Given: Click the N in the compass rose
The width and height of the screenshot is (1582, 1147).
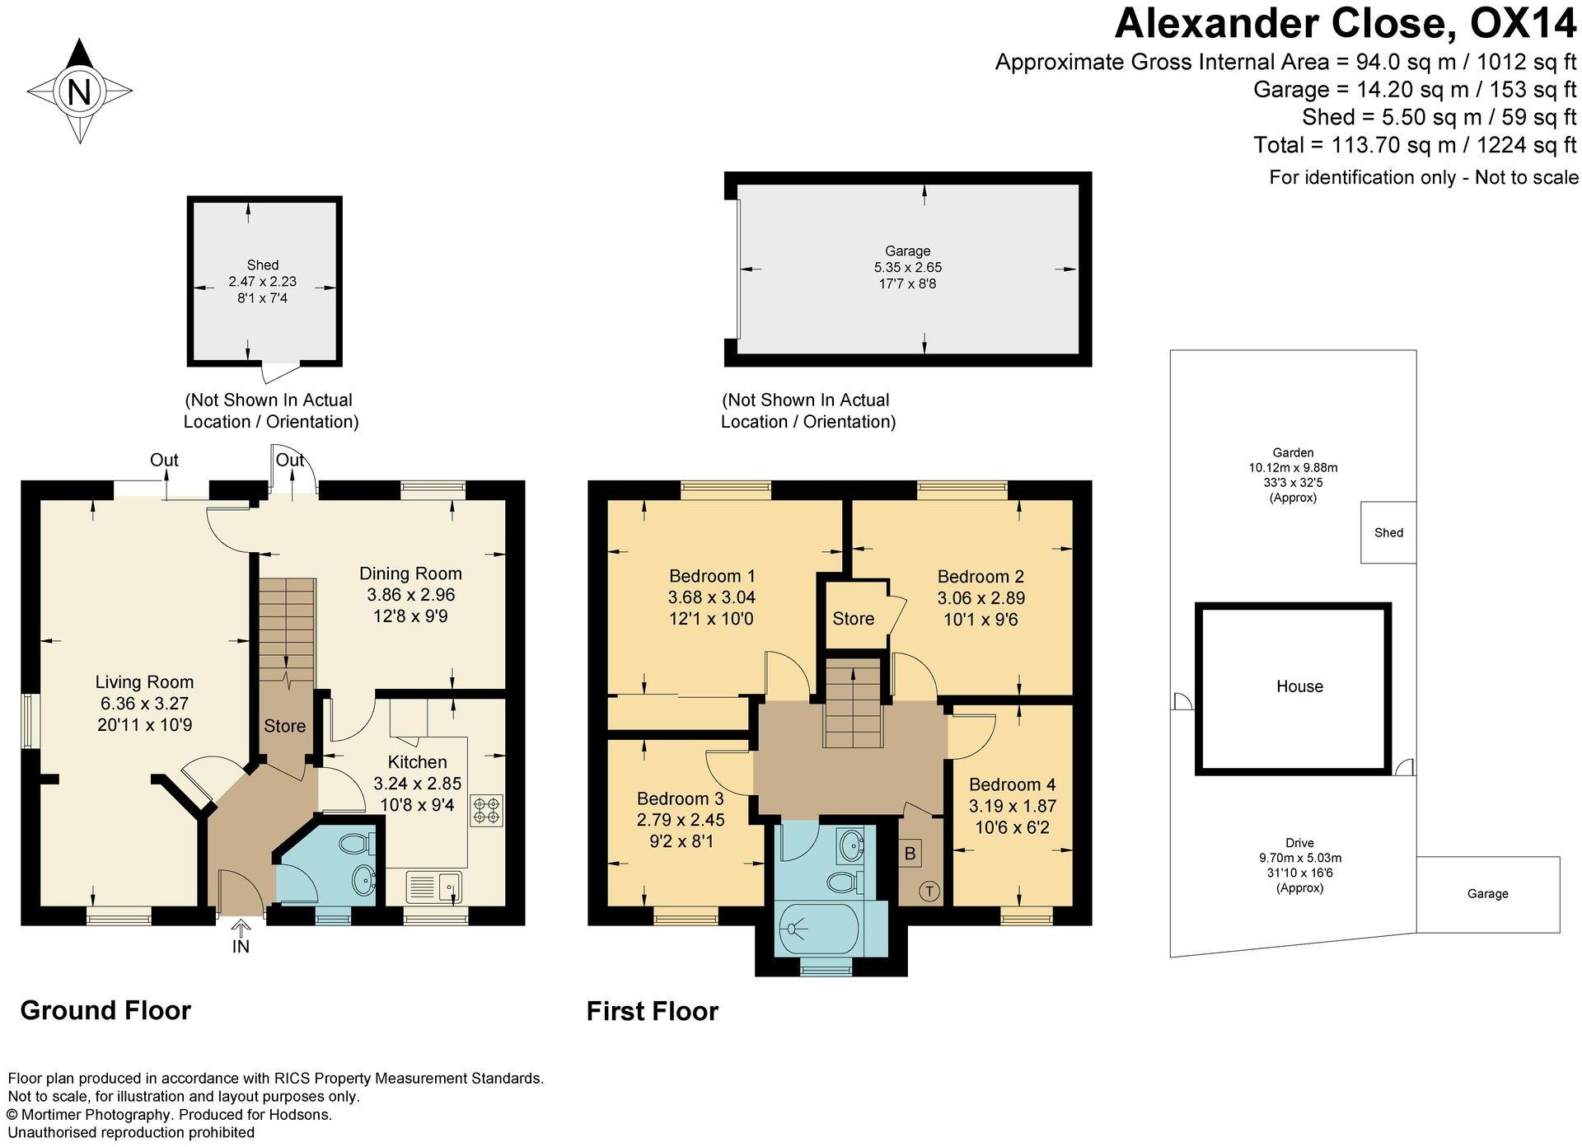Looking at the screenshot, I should [x=79, y=91].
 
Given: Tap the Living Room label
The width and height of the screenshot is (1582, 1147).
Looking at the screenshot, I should [x=144, y=681].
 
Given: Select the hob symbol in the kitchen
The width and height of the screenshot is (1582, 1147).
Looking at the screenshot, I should [x=485, y=809].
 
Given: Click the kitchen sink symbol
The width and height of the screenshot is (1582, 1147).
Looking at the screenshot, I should [x=434, y=887].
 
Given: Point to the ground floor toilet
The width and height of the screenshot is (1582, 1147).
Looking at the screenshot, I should [x=356, y=844].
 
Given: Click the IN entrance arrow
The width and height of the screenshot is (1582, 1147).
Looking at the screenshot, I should [x=240, y=936].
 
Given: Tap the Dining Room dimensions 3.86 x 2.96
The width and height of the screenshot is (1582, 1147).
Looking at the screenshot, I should [x=410, y=594].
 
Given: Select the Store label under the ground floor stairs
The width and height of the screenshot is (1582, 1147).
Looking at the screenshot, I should [x=284, y=726].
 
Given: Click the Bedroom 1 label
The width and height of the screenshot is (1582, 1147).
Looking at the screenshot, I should [x=712, y=575].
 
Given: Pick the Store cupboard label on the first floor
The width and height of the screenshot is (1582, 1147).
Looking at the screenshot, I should [x=853, y=618].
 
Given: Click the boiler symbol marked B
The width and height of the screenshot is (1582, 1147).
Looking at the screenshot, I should [x=910, y=853].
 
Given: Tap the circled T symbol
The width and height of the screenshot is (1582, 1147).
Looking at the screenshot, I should [x=929, y=891].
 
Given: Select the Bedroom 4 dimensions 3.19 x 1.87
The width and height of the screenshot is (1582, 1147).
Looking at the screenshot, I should [x=1012, y=806].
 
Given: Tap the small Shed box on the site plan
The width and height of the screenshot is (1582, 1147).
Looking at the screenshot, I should [x=1388, y=532].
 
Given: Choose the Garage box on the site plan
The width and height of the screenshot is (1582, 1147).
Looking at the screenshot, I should [x=1487, y=893].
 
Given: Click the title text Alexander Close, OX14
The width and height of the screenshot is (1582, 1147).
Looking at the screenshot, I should [x=1345, y=23].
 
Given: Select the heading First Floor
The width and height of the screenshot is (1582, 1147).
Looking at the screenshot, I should [x=652, y=1011].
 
